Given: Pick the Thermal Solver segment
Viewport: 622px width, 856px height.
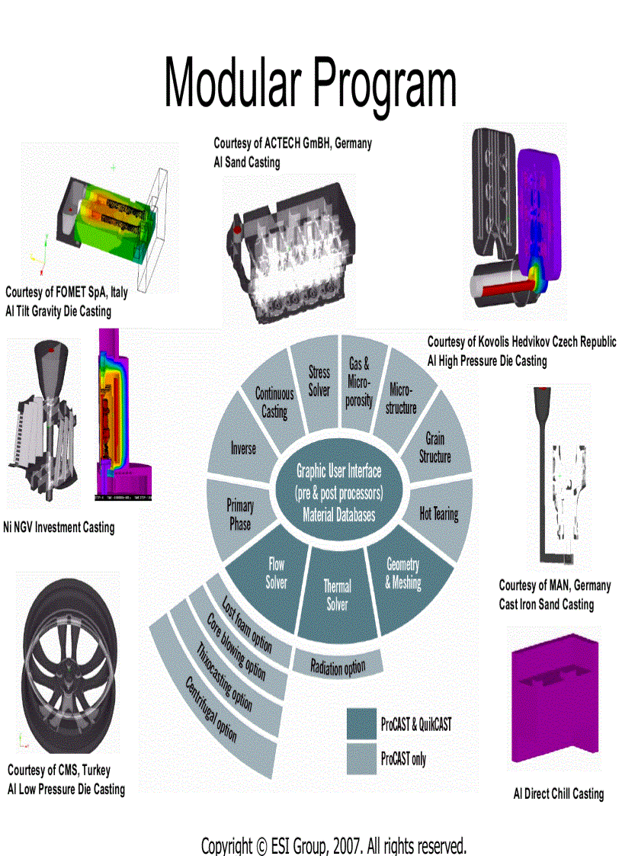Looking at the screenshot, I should (x=337, y=595).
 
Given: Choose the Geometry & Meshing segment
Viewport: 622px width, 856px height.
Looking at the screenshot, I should (x=402, y=573).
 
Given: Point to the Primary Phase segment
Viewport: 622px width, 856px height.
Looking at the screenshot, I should (x=240, y=514).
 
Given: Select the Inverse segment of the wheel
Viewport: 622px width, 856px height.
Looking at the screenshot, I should (x=243, y=448).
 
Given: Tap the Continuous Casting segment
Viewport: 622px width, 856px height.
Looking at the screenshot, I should (x=274, y=402).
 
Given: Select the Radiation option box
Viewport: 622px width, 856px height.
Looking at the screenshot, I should (x=338, y=667).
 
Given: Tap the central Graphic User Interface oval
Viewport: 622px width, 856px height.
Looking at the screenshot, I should (x=338, y=492).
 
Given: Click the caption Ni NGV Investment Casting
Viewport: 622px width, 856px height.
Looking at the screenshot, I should (x=59, y=527).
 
